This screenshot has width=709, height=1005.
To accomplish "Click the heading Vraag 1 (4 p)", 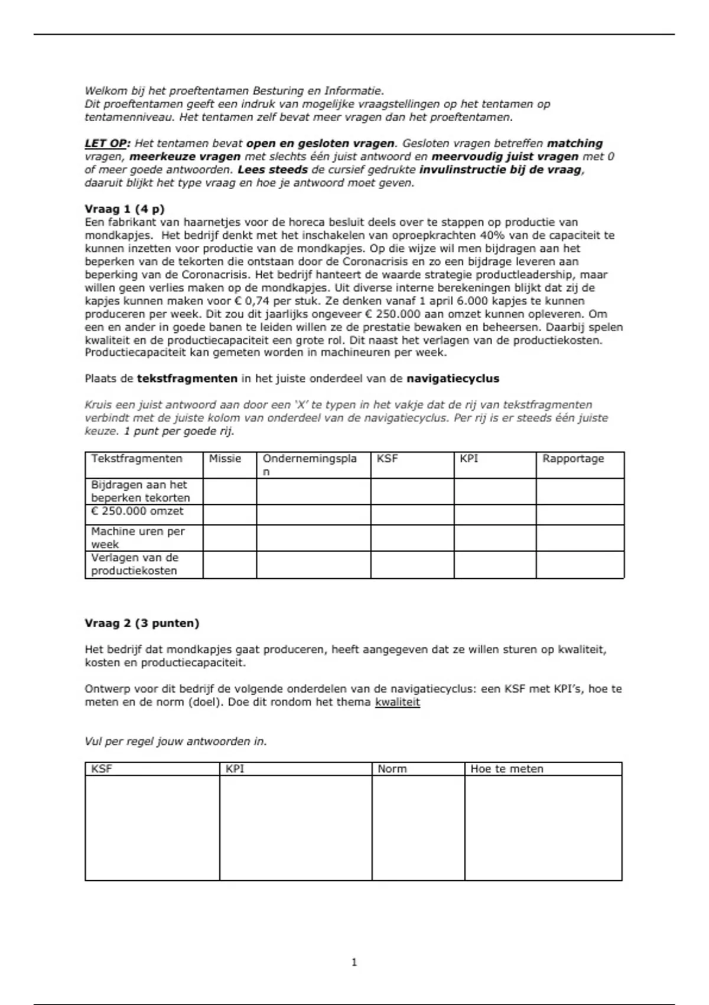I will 125,209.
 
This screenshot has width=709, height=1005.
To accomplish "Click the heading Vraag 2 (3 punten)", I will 142,623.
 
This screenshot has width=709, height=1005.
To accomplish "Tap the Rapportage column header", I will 573,459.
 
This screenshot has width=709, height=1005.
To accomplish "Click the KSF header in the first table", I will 387,459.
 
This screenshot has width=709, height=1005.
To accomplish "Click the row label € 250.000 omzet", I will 137,511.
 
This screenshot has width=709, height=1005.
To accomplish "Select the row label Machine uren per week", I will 138,537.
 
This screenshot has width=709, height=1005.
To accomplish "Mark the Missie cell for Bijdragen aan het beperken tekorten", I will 230,491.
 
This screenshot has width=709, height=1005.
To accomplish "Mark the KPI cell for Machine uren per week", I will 495,538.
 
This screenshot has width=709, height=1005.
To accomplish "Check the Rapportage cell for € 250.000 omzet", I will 580,514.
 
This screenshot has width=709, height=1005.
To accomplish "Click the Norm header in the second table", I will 392,769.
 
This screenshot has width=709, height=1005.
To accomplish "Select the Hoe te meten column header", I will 506,769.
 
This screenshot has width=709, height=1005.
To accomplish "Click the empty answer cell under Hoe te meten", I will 543,828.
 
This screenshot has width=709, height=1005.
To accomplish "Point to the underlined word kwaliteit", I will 397,702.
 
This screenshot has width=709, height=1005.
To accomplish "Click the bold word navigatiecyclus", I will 453,379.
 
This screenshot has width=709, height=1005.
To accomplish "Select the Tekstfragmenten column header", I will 136,459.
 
